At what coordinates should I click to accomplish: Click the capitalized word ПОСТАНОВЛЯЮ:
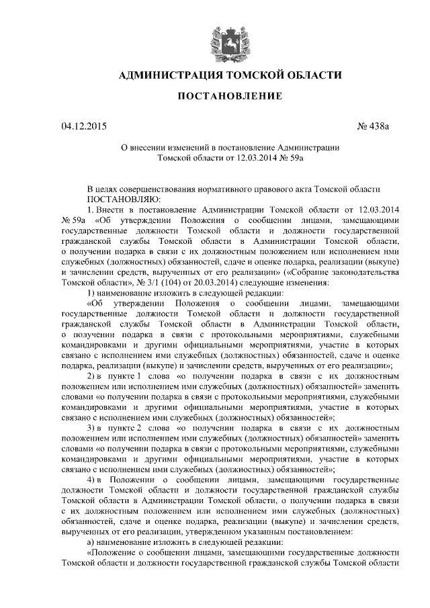(122, 200)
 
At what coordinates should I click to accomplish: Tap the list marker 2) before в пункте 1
(92, 376)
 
